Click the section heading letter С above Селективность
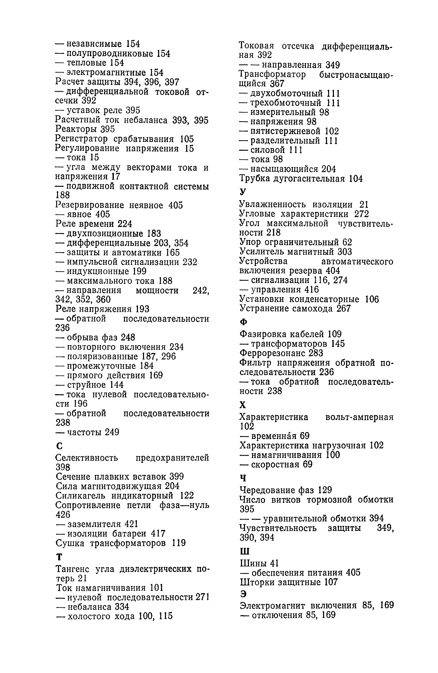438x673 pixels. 59,446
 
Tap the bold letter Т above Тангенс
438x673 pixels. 59,557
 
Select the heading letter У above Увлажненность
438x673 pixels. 243,192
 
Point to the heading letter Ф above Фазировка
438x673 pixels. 243,322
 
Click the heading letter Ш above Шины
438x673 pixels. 244,551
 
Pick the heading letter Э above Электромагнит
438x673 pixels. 243,594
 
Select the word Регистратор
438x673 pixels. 81,139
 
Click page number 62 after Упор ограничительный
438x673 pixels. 347,242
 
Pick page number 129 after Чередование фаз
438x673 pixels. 325,490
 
